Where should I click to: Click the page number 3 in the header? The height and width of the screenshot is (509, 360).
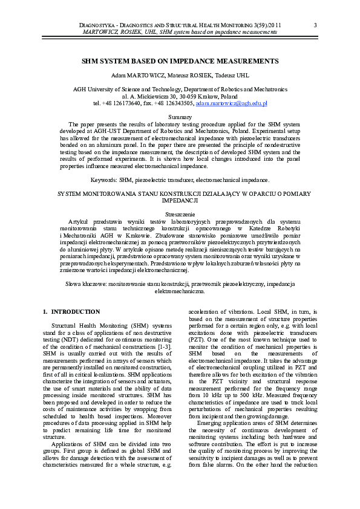tap(316, 25)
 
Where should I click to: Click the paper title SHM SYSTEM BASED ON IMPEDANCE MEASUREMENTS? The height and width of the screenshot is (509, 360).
tap(180, 61)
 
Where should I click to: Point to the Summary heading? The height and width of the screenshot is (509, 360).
tap(180, 117)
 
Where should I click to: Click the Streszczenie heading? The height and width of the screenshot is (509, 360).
tap(180, 215)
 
